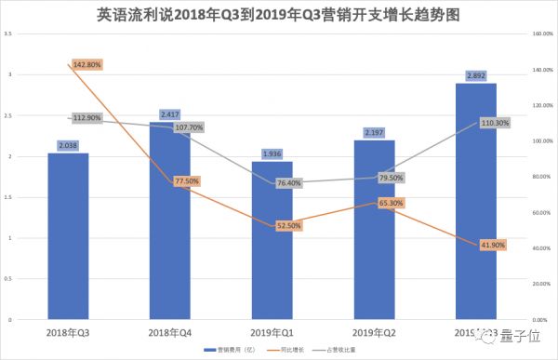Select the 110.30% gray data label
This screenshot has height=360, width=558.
[x=493, y=123]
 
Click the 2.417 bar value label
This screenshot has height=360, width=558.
[x=169, y=114]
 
